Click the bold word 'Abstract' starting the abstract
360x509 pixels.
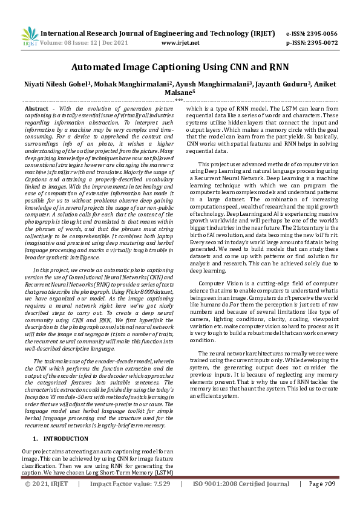(x=36, y=107)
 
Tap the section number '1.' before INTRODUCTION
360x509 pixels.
(x=36, y=438)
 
